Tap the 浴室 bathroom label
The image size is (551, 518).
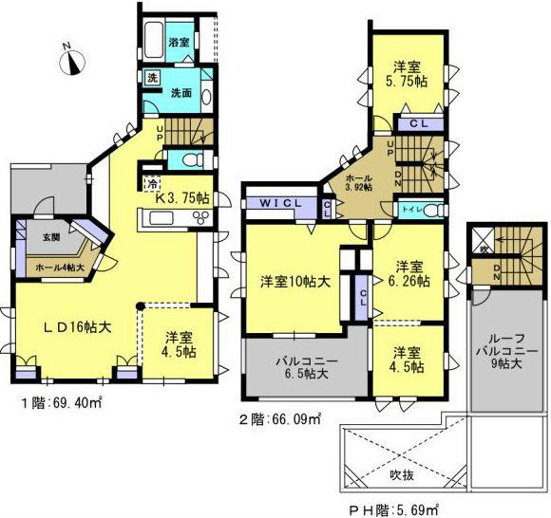(x=178, y=43)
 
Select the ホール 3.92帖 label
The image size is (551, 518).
(x=359, y=181)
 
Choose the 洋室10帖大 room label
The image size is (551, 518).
(x=294, y=281)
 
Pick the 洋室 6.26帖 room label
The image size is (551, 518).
(x=410, y=273)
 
